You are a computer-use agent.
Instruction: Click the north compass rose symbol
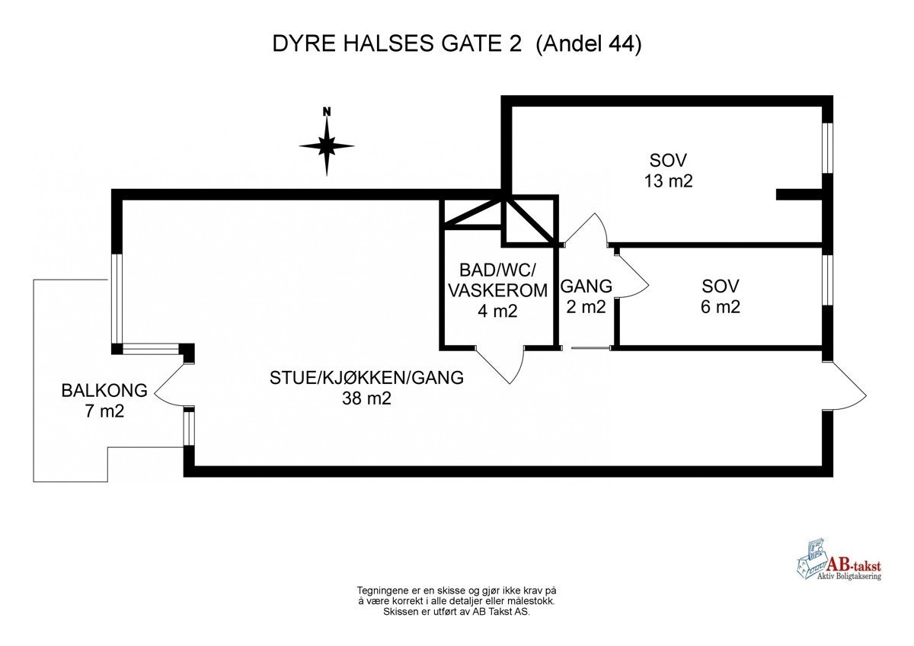327,145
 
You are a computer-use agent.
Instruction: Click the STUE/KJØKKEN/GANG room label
366,378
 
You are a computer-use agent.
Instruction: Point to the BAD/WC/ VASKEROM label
498,280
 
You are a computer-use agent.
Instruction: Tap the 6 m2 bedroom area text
721,307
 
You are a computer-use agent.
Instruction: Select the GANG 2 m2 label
586,296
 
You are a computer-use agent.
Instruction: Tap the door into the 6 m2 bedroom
631,273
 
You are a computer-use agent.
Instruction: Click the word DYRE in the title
298,45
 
